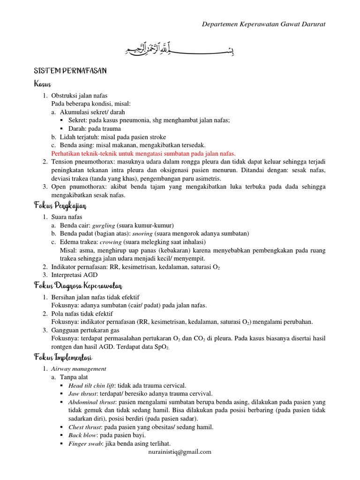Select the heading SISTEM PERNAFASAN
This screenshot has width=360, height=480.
70,71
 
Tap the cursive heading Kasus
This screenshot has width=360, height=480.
42,84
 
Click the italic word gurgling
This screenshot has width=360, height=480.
103,225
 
